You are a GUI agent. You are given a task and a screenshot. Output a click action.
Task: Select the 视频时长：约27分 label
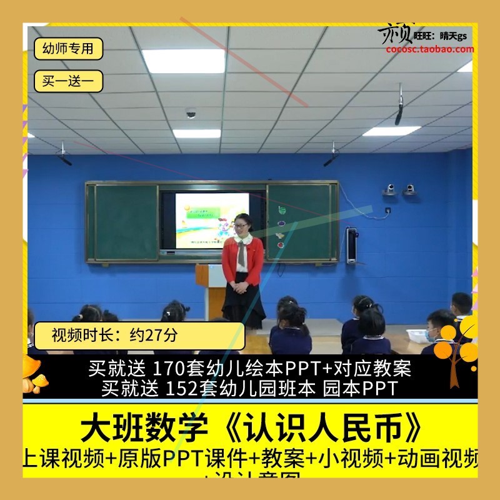click(x=106, y=335)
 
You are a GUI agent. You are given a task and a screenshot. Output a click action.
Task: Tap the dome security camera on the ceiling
click(x=191, y=114)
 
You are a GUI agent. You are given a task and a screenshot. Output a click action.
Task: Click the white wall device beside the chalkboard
click(x=352, y=244)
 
